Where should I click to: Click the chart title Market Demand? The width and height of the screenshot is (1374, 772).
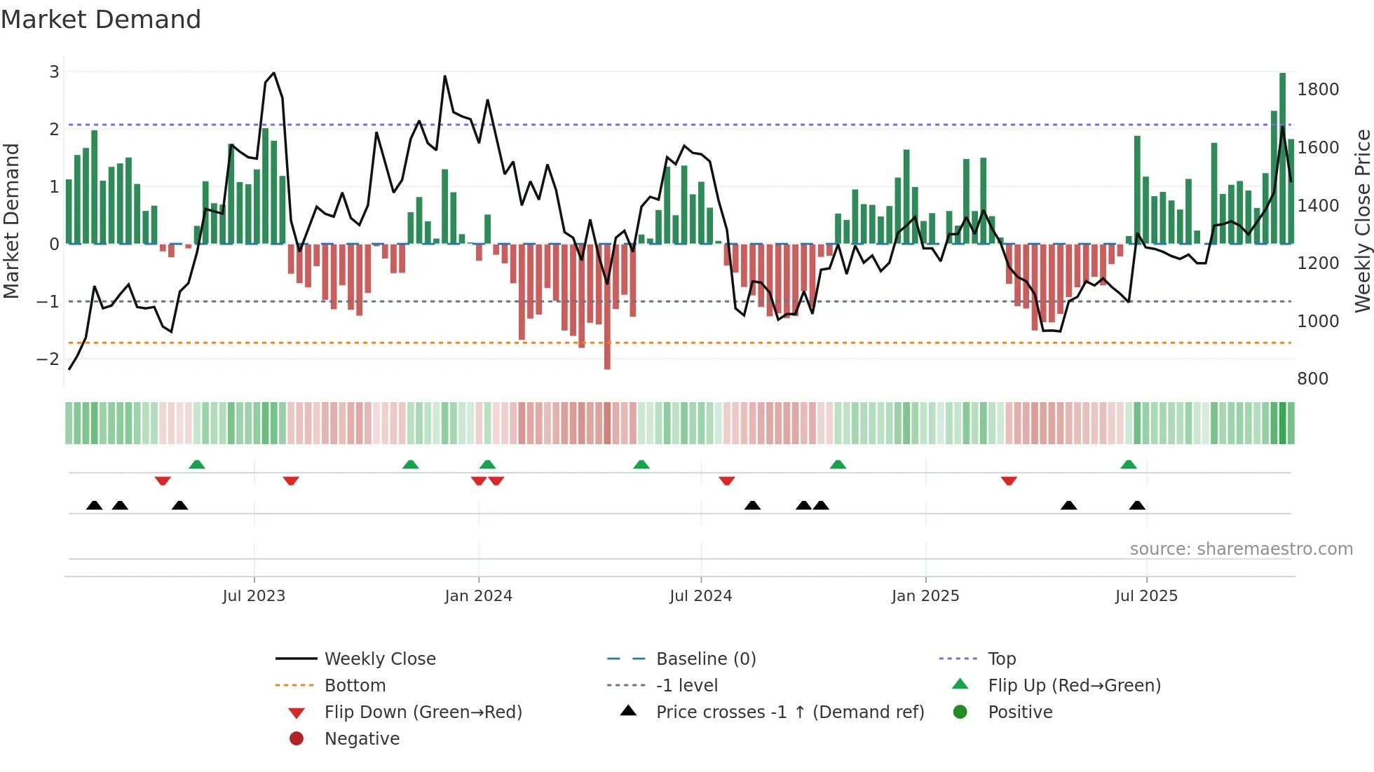pos(101,19)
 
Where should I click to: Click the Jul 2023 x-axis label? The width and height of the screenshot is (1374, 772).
pos(254,596)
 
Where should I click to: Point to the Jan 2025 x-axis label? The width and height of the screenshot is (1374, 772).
pos(925,596)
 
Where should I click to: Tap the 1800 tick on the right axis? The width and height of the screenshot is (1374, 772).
pos(1318,90)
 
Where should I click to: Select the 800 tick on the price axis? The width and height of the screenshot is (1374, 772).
pos(1312,379)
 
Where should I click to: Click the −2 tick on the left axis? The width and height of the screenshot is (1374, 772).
pos(48,359)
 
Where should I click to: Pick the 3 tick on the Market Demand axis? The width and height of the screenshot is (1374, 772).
pos(54,71)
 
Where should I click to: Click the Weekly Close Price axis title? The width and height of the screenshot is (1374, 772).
pos(1362,221)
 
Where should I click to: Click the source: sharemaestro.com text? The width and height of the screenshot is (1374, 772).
pos(1241,549)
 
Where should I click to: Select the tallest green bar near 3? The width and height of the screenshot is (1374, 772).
pos(1282,158)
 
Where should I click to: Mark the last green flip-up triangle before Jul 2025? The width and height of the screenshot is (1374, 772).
pos(1128,464)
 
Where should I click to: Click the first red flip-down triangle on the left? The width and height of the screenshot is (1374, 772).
pos(163,481)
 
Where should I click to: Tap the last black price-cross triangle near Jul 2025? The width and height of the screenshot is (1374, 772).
pos(1137,505)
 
